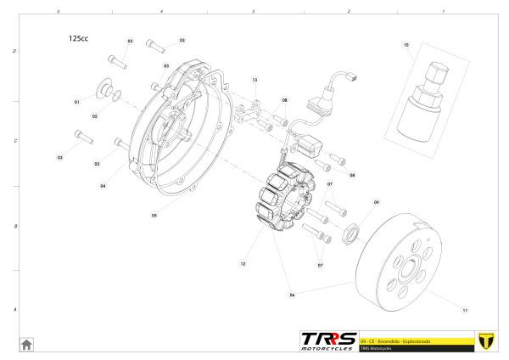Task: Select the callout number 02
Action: point(95,116)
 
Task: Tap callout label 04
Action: point(103,185)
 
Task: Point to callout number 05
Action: point(154,215)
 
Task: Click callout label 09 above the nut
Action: point(377,202)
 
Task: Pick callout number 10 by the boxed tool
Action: point(406,44)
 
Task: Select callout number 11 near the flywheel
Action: point(465,308)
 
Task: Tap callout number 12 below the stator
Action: point(243,264)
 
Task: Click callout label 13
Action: point(254,80)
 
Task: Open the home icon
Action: point(26,344)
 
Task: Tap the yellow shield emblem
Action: point(486,340)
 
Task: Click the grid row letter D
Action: point(14,51)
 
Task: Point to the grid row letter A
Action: point(14,310)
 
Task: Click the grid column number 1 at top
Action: point(443,12)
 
